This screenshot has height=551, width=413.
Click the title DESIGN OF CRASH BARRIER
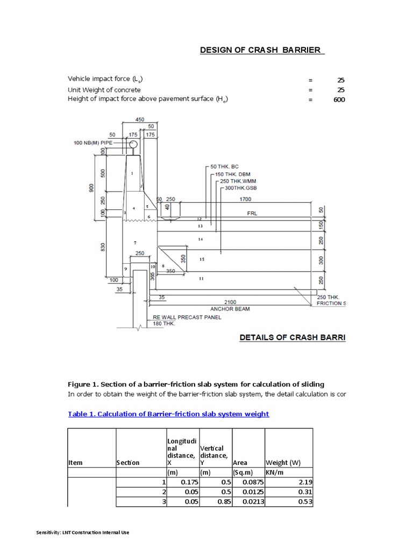262,50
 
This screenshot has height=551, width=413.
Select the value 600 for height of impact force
339,100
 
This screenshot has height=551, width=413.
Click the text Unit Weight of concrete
104,89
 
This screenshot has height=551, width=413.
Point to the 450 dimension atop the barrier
140,120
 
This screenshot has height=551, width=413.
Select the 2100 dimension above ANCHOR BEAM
230,302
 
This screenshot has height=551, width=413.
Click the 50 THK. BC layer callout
225,167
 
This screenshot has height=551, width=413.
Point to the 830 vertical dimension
103,246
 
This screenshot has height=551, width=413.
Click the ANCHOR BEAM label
230,309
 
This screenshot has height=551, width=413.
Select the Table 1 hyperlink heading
168,414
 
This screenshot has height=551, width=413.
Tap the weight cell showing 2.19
305,483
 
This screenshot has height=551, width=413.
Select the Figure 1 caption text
196,384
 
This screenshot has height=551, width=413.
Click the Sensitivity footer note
82,532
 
